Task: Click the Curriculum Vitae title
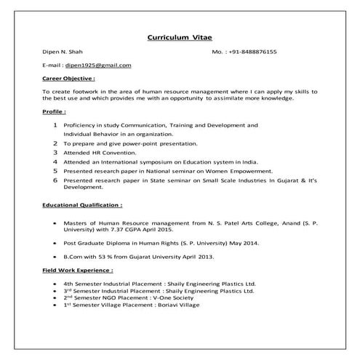[x=180, y=36]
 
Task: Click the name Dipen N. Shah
[x=60, y=52]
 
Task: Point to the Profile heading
[x=55, y=113]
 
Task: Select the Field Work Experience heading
[x=78, y=270]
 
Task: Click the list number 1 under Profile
[x=55, y=125]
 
